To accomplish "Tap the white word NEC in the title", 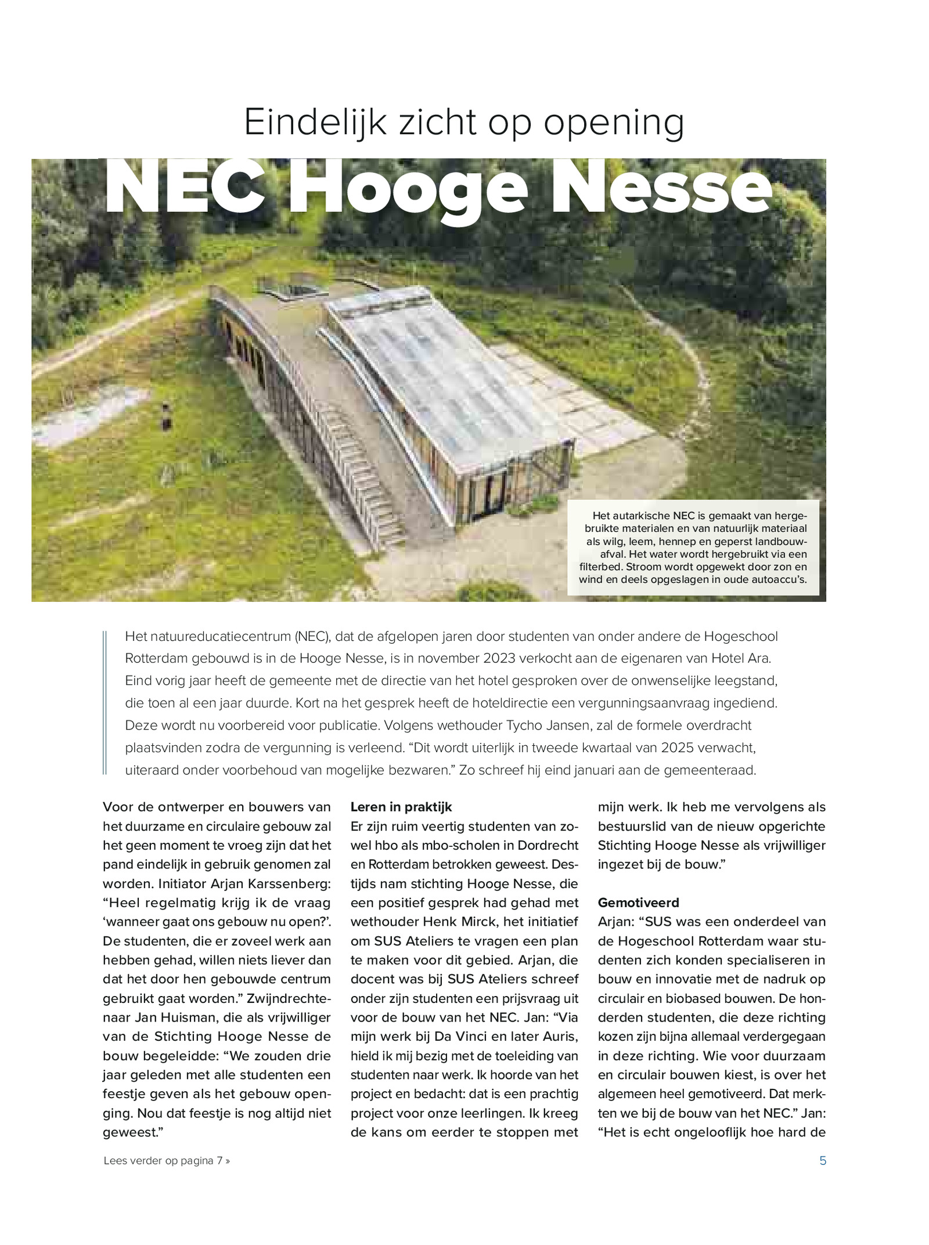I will coord(184,189).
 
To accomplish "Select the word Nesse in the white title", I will coord(661,189).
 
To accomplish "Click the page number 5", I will coord(822,1160).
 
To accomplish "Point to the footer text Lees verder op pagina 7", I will coord(167,1160).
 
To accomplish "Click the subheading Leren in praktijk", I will coord(401,807).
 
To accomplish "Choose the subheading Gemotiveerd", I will coord(638,903).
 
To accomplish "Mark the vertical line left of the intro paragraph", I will coord(105,703).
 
